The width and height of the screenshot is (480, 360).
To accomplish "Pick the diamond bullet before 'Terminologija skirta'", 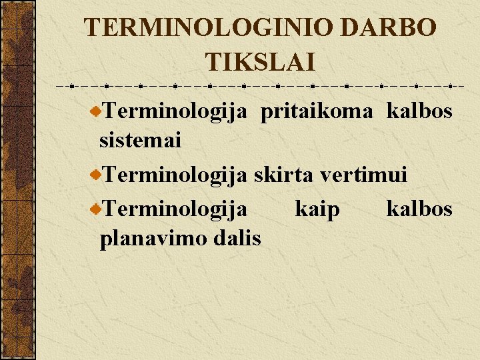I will point(96,175).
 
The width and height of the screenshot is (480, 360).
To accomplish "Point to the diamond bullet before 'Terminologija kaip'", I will point(96,209).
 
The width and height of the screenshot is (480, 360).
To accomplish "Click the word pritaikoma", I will point(317,111).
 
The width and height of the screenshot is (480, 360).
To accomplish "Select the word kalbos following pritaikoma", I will point(419,111).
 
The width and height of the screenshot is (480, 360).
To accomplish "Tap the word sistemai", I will point(141,140).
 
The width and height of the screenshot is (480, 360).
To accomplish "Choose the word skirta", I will point(284,175).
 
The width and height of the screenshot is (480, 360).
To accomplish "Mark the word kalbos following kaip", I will point(419,209).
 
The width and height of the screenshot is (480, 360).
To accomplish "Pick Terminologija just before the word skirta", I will point(176,175).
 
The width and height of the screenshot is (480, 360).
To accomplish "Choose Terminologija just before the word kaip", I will point(176,210).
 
